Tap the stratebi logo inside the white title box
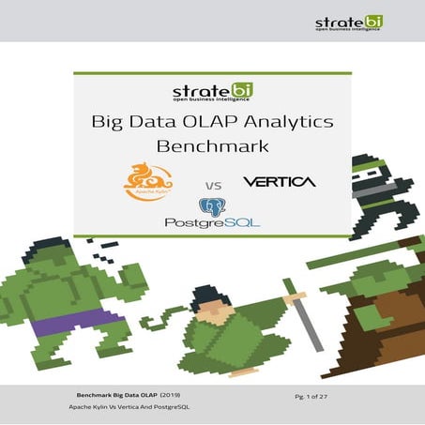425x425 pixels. coord(212,93)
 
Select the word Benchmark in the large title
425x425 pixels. coord(212,147)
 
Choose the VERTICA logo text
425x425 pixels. coord(279,180)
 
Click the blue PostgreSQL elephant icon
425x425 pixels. coord(209,207)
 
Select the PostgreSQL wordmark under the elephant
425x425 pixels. coord(212,223)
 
